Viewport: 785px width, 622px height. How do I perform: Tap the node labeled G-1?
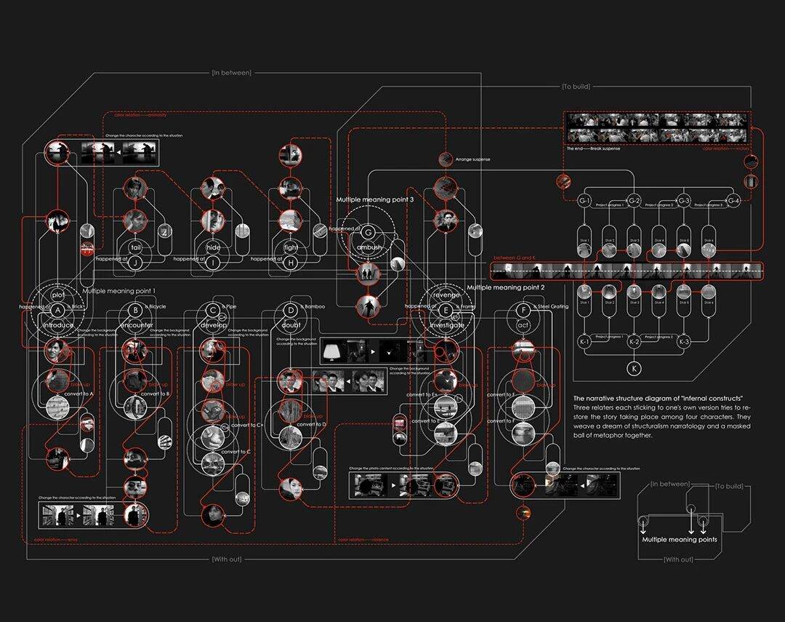point(584,200)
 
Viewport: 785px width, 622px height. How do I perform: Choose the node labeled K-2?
point(634,341)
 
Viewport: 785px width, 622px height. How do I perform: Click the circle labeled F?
point(522,308)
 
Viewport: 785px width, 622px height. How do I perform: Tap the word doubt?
point(291,326)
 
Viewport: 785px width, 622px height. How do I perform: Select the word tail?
point(134,247)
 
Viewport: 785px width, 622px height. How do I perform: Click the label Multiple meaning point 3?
point(374,199)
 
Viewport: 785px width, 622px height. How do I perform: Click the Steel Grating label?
point(552,307)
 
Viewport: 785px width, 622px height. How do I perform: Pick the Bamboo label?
point(313,307)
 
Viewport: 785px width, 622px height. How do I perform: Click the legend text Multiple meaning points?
point(679,540)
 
